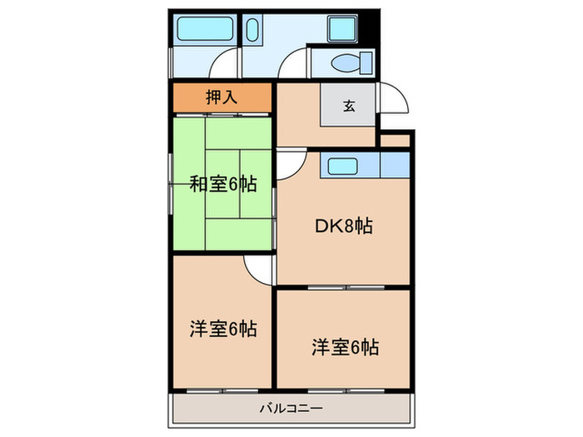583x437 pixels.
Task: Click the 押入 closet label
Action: tap(222, 97)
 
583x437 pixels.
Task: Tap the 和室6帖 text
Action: tap(222, 184)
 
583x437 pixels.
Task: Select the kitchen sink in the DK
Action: tap(343, 166)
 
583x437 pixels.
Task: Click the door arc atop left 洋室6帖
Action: tap(259, 268)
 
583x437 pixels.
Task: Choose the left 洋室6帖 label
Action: tap(222, 329)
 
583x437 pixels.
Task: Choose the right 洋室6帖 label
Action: tap(345, 346)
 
